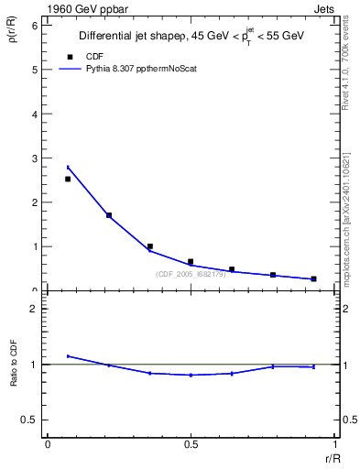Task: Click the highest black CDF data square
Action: click(x=68, y=179)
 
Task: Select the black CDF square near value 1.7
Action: click(x=109, y=215)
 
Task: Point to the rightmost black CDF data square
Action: click(x=313, y=278)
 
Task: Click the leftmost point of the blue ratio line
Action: click(x=68, y=356)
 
